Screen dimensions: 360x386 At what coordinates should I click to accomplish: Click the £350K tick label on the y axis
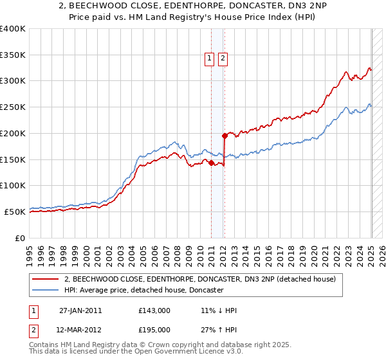coord(13,55)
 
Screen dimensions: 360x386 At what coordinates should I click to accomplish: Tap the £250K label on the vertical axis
coord(13,107)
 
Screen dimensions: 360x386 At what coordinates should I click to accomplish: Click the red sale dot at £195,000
coord(225,136)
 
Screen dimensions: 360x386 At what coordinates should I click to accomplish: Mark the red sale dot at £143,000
coord(212,163)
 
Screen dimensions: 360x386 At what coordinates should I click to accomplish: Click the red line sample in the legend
coord(45,280)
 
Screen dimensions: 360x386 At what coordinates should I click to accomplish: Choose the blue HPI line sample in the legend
coord(45,291)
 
